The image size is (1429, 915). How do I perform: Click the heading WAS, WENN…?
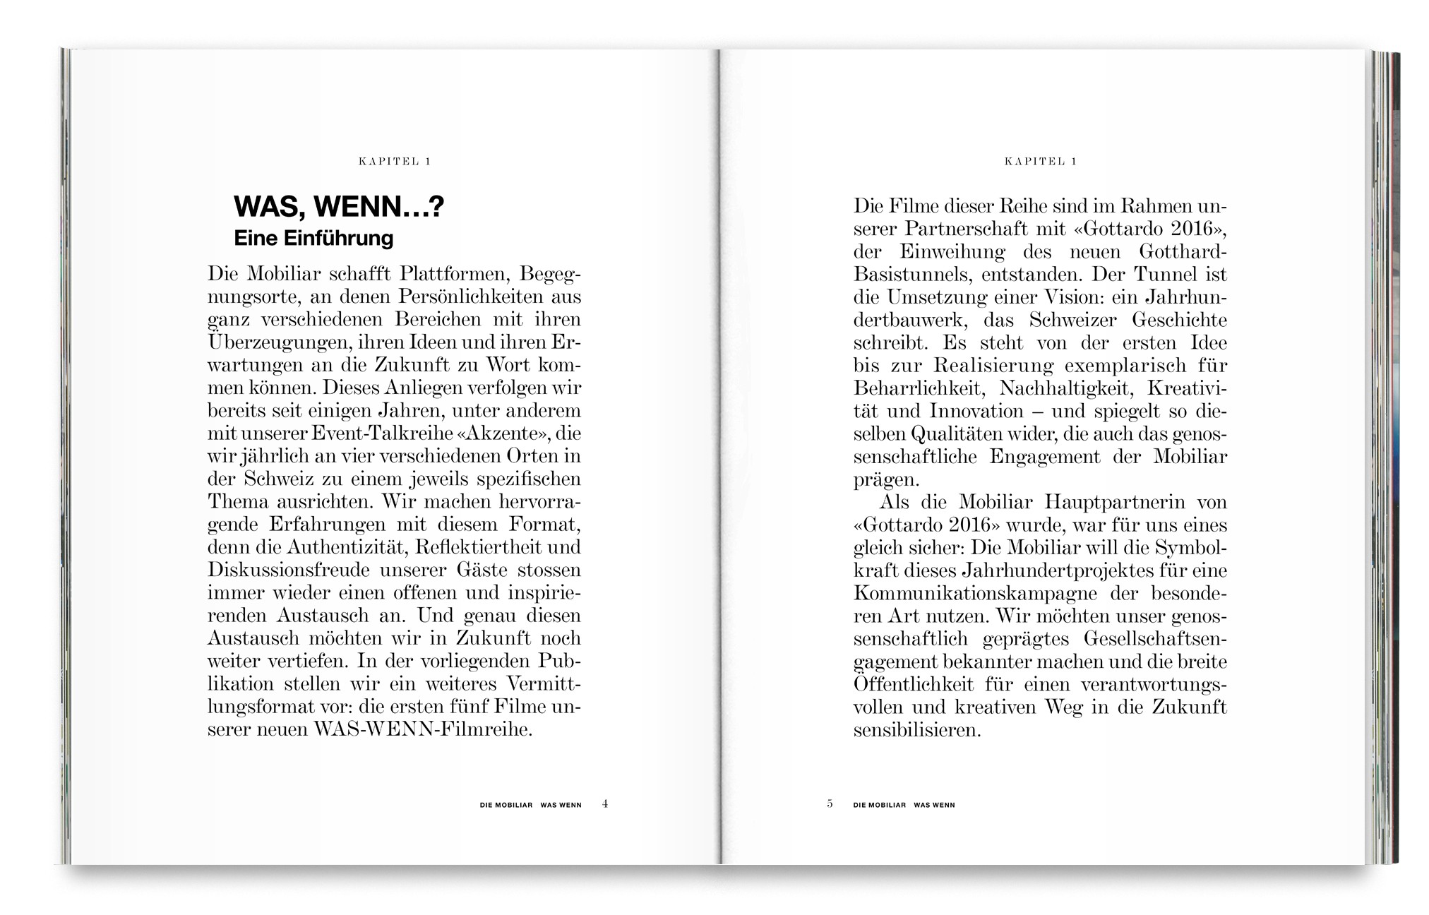(x=339, y=207)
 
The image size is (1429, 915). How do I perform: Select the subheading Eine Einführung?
(x=313, y=238)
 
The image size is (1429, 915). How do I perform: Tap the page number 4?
(x=605, y=803)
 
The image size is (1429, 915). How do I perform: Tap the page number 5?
(x=830, y=803)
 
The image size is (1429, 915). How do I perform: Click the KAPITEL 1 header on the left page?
(x=395, y=162)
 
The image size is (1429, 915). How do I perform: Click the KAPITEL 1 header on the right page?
(x=1040, y=162)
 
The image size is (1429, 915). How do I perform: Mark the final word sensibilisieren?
(x=917, y=729)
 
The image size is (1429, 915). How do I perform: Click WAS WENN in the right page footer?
(x=934, y=805)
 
